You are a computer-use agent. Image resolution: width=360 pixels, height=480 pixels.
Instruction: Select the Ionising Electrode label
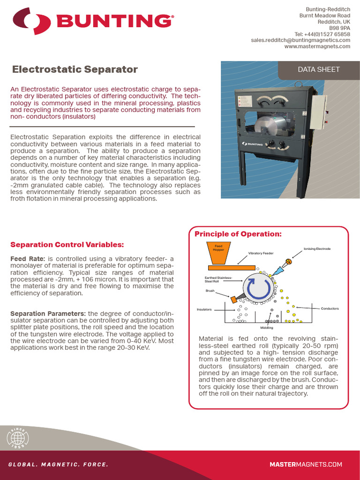(x=316, y=248)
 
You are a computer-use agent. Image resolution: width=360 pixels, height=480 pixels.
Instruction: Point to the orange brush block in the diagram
(x=233, y=299)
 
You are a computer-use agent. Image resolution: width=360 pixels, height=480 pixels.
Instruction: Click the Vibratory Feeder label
(x=261, y=253)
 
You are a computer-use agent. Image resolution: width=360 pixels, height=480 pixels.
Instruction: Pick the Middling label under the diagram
(x=267, y=328)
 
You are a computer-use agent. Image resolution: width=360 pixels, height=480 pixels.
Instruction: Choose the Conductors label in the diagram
(x=330, y=308)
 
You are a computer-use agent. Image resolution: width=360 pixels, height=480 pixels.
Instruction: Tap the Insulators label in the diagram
(x=204, y=309)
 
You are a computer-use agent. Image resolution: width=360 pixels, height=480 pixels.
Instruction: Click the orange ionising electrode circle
(x=289, y=262)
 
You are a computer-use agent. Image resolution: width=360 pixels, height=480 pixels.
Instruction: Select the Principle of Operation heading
(x=238, y=234)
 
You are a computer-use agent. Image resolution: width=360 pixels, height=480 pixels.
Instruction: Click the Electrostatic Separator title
(x=75, y=69)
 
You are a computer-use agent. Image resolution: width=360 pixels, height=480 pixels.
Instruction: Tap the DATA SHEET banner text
(x=319, y=69)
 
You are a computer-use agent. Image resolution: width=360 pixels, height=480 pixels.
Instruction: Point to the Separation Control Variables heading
(x=67, y=245)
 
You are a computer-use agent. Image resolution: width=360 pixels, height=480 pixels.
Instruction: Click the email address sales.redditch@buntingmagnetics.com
(x=300, y=40)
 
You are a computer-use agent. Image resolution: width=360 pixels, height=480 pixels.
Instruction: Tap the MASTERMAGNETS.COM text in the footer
(x=306, y=465)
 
